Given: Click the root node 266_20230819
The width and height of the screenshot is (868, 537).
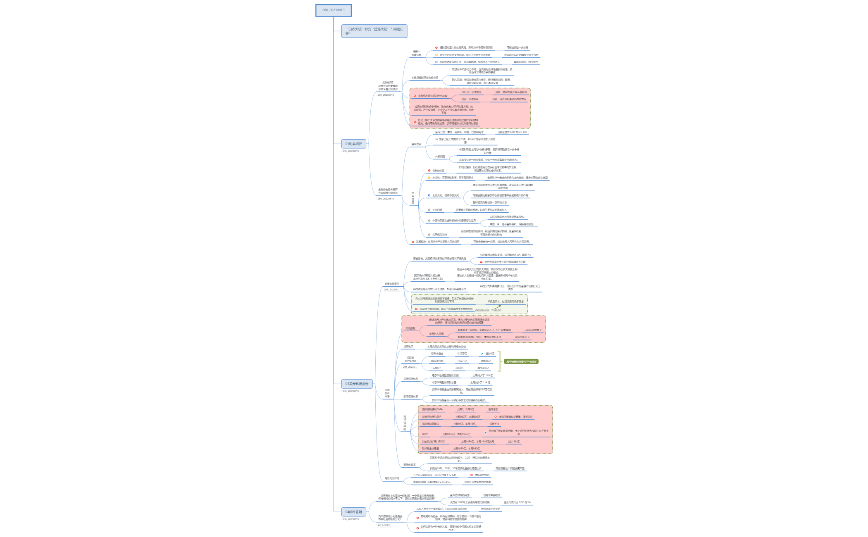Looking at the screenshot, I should point(333,10).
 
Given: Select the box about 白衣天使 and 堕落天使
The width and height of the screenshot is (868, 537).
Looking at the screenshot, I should point(374,31).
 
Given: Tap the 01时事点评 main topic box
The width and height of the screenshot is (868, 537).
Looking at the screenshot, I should point(353,144).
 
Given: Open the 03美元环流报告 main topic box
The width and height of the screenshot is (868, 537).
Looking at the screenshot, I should point(357,384).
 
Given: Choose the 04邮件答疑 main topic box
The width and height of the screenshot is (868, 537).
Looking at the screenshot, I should point(353,512).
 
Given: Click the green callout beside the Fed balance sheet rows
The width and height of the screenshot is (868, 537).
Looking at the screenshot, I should point(521,361).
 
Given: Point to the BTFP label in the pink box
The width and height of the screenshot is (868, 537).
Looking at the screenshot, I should point(425,434).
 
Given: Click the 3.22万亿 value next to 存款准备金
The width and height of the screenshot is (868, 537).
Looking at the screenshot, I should point(462,354).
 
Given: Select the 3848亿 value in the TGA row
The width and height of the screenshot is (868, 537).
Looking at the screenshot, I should point(459,368).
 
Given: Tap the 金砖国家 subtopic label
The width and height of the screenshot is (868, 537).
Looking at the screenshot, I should point(416,144).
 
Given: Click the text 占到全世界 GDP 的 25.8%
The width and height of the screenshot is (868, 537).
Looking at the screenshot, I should point(512,132).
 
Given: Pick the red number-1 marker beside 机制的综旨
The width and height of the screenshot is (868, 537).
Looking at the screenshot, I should point(429,171).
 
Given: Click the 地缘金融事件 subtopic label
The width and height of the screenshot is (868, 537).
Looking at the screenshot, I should point(392,284).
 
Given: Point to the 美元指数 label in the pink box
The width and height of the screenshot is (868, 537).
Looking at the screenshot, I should point(410,328).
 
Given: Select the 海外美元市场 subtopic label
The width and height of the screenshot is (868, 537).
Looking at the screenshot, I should point(392,478).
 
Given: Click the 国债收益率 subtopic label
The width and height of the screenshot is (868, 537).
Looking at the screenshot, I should point(410,465).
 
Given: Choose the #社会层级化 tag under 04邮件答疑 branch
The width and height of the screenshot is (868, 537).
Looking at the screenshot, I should point(384,525).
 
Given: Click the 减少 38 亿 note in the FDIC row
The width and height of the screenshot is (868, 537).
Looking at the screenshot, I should point(514,442).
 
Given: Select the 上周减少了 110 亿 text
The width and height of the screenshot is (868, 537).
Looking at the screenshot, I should point(482,375).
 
